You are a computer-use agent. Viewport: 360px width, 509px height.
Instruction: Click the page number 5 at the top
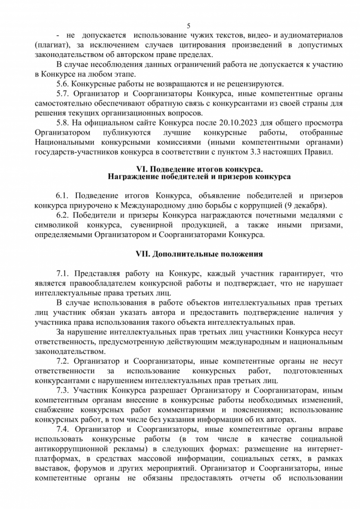coord(189,26)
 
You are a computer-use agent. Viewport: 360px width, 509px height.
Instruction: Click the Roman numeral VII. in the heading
coord(142,254)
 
